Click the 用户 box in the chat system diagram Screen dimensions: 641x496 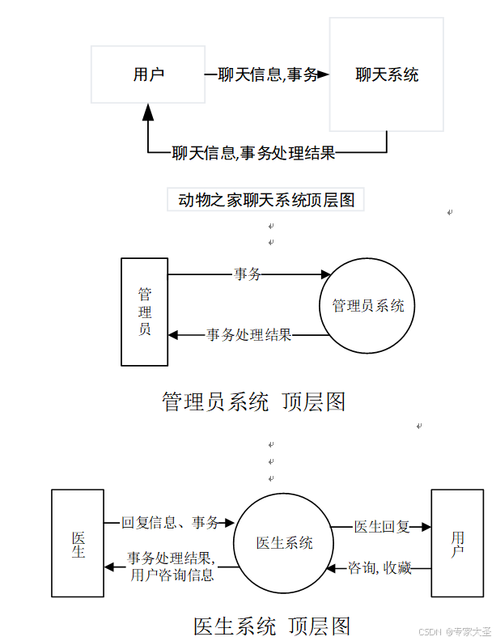click(147, 74)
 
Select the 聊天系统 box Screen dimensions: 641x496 click(386, 74)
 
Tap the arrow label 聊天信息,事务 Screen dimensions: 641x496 click(268, 75)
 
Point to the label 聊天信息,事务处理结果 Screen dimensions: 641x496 click(253, 152)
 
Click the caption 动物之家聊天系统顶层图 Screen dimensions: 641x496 click(266, 199)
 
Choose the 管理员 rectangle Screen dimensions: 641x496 click(145, 312)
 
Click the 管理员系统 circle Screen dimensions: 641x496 click(367, 306)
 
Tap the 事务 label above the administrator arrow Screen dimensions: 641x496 click(248, 274)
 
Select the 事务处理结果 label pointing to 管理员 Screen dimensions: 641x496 click(248, 334)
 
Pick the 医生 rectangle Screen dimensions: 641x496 click(78, 542)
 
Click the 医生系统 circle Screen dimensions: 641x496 click(284, 543)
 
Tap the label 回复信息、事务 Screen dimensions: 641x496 click(170, 523)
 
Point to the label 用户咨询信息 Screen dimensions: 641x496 click(172, 575)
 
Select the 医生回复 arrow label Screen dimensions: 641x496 click(382, 527)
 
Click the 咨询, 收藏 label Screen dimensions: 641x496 click(379, 568)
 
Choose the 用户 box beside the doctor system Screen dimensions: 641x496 click(457, 542)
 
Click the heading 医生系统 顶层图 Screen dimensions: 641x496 click(272, 626)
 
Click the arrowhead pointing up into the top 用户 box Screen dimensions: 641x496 click(148, 112)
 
